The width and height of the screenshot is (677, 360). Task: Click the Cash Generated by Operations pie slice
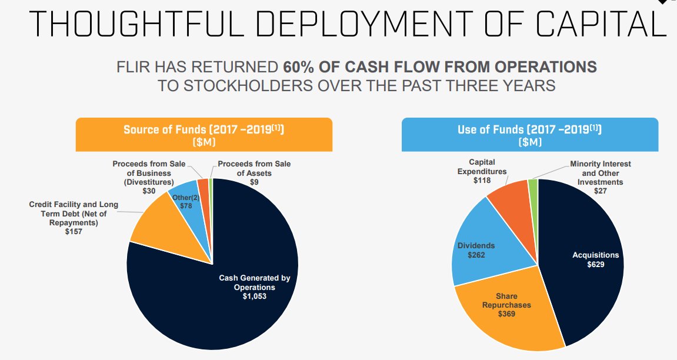(235, 306)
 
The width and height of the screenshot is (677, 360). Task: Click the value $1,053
(255, 296)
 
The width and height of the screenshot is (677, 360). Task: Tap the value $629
(596, 264)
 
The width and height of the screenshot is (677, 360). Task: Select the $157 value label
(74, 232)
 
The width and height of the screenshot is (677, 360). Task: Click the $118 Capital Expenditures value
(482, 181)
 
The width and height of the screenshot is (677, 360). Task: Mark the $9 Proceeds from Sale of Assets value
(254, 182)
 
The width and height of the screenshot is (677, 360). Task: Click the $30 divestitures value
(149, 191)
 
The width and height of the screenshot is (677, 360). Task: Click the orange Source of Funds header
(204, 135)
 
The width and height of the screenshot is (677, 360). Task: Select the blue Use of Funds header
(529, 135)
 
